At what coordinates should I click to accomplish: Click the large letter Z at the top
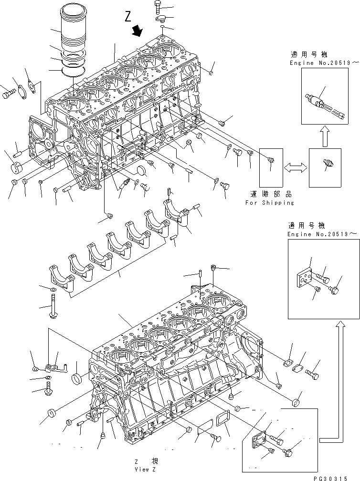coord(127,18)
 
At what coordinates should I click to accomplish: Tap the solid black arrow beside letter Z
coord(138,31)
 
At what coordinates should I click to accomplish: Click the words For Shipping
coord(270,202)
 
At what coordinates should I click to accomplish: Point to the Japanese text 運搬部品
coord(270,195)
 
